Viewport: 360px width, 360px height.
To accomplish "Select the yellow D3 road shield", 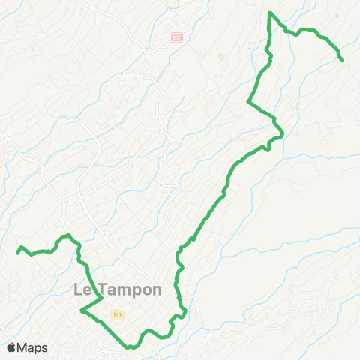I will click(116, 316).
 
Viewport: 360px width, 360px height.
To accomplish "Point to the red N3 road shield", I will click(176, 37).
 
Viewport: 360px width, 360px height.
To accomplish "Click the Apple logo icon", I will click(12, 347).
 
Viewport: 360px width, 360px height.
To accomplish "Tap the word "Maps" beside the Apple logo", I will click(33, 347).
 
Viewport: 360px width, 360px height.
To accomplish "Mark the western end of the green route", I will click(18, 252).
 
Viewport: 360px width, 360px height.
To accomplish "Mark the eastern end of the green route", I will click(342, 59).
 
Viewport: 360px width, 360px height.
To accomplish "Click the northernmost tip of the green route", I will click(270, 13).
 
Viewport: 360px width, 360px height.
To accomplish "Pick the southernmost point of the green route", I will click(130, 347).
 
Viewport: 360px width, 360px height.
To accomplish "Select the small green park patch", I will click(220, 55).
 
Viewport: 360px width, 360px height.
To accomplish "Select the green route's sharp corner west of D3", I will click(81, 309).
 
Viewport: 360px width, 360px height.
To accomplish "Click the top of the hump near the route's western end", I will click(67, 235).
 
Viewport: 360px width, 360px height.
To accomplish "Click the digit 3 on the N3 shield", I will click(178, 37).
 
